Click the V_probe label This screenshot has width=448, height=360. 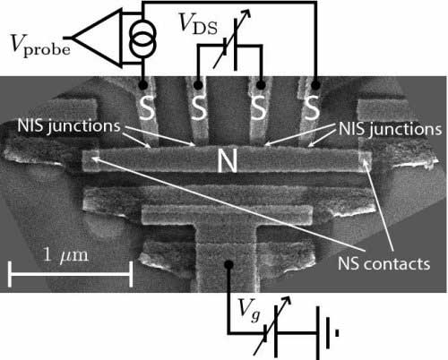click(40, 46)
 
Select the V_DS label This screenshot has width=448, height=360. click(198, 24)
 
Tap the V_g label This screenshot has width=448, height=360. click(250, 311)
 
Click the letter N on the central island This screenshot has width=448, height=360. click(228, 160)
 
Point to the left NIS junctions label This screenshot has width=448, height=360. click(69, 126)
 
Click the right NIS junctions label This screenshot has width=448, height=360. click(390, 129)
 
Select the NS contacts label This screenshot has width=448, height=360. click(383, 264)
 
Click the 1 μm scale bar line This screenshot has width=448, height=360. click(70, 274)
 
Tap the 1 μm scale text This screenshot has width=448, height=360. click(65, 255)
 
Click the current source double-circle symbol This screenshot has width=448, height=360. click(142, 39)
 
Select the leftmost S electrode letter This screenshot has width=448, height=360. click(148, 107)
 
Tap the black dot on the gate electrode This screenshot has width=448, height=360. click(228, 264)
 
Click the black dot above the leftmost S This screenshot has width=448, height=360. click(142, 86)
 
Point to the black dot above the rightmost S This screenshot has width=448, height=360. click(315, 86)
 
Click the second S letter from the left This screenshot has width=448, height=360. click(199, 108)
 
